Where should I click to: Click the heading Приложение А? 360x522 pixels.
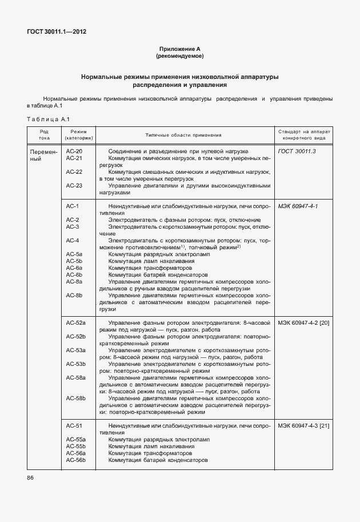click(x=179, y=50)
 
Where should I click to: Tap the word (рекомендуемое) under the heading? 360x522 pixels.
click(x=179, y=57)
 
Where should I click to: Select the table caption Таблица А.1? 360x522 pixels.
click(x=47, y=119)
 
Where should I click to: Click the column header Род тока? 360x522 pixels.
click(x=44, y=134)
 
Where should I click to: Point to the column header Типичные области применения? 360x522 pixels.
click(x=183, y=135)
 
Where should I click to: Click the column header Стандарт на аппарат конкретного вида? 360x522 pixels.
click(x=304, y=134)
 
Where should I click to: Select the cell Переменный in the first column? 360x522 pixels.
click(x=43, y=155)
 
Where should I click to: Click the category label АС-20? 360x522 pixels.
click(x=74, y=151)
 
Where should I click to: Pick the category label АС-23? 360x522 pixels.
click(x=74, y=185)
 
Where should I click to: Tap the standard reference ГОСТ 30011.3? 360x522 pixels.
click(x=297, y=151)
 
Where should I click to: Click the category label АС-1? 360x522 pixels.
click(x=73, y=206)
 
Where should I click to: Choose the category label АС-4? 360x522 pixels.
click(x=73, y=240)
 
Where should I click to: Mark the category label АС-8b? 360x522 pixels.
click(x=74, y=295)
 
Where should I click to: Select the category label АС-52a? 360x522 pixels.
click(x=76, y=323)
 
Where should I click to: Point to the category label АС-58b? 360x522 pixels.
click(x=76, y=398)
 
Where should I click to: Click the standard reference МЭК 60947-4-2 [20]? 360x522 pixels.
click(x=304, y=323)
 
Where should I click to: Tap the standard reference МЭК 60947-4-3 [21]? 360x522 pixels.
click(x=304, y=426)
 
